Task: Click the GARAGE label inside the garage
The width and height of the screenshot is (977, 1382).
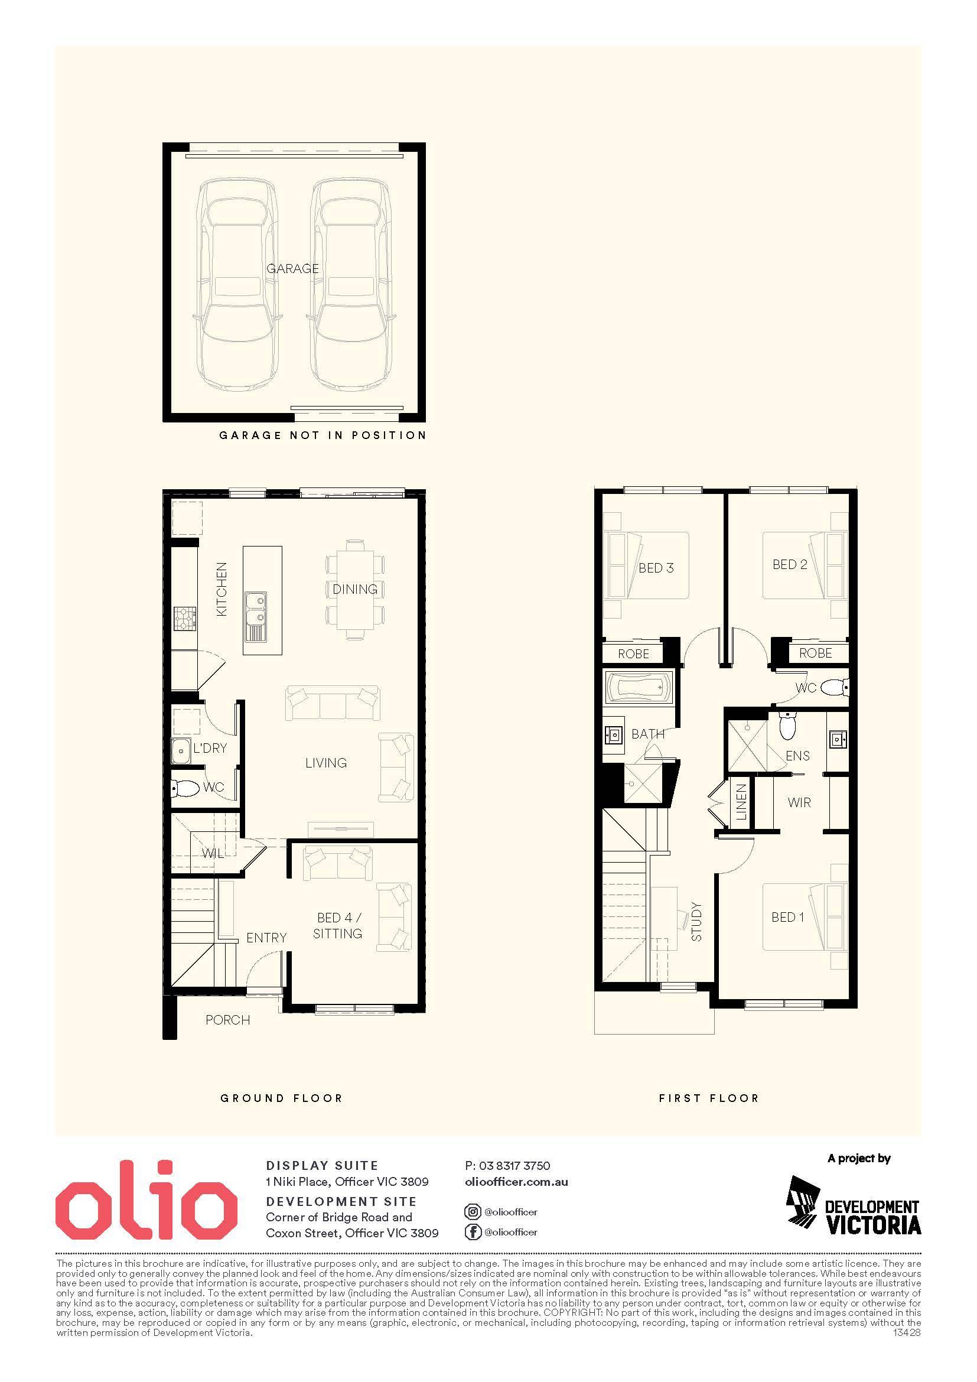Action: [292, 268]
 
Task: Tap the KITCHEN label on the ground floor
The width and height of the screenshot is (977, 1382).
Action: [222, 589]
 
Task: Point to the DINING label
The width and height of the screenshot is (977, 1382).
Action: [355, 589]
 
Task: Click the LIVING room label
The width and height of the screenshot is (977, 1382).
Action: [326, 763]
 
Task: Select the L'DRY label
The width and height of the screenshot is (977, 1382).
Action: [210, 748]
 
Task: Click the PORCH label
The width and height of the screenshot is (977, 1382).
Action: [227, 1020]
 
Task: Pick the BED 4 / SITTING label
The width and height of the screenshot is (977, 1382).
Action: [339, 926]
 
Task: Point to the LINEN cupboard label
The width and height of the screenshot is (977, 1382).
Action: [741, 802]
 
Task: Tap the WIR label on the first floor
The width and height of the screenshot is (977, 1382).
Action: [799, 802]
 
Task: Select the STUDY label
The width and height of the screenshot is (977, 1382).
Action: [696, 922]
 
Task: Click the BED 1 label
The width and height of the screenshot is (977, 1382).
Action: [787, 918]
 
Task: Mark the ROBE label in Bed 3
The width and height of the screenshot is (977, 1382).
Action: [633, 653]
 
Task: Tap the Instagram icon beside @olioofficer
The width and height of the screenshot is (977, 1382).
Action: [473, 1212]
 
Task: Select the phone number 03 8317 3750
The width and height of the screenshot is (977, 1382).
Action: [514, 1166]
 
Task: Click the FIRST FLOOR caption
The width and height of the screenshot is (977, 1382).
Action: [709, 1098]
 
